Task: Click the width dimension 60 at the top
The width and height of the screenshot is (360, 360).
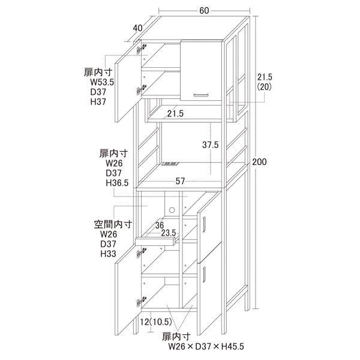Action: (204, 10)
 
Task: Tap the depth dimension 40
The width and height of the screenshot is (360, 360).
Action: (137, 28)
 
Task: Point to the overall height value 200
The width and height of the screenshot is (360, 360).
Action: (259, 162)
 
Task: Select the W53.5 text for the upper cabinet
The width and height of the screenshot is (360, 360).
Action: (102, 82)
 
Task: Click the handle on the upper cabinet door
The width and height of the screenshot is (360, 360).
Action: (200, 95)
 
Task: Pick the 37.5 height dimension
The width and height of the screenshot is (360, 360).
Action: (211, 145)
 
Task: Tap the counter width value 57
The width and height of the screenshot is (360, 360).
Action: (180, 181)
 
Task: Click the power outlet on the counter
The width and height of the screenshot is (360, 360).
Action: (170, 164)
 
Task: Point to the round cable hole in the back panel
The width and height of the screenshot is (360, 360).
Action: (172, 210)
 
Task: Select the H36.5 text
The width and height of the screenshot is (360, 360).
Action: (117, 183)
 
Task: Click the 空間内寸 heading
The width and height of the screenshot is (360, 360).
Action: (113, 224)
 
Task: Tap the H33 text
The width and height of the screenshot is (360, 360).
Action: (108, 254)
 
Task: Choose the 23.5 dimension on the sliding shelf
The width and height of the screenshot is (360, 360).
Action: (168, 233)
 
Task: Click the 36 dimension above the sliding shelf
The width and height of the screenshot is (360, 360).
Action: (160, 226)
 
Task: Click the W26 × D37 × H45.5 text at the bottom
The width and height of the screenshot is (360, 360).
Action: (206, 346)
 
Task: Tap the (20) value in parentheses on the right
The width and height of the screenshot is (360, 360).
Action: (264, 87)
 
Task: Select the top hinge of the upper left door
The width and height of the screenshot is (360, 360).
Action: (142, 49)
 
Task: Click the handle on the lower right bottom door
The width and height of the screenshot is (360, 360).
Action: (205, 274)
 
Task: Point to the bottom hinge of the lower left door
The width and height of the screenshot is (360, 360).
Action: (142, 301)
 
